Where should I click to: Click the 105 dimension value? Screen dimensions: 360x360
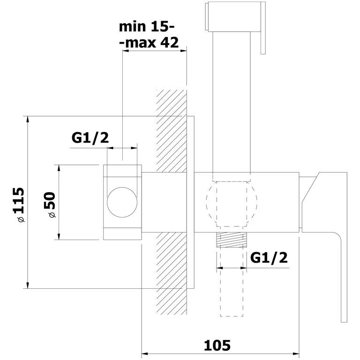coord(217,345)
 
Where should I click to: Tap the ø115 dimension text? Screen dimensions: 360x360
coord(18,205)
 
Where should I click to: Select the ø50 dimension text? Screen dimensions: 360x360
coord(50,204)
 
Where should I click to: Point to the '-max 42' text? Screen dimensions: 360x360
coord(150,43)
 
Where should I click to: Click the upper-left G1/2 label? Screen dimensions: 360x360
coord(90,138)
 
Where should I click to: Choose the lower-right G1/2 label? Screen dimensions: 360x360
coord(269,258)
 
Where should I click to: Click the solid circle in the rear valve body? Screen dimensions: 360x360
coord(122,202)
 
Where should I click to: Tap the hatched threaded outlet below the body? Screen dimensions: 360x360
coord(232,240)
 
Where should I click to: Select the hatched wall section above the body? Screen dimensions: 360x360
coord(172,131)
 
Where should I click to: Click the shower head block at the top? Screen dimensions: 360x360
coord(232,16)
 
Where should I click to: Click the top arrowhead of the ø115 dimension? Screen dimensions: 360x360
coord(28,120)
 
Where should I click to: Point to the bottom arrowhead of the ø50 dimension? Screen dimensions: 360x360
coord(59,236)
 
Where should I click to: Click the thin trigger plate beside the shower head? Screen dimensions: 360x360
coord(263,28)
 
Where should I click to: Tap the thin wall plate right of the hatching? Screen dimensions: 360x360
coord(191,202)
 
